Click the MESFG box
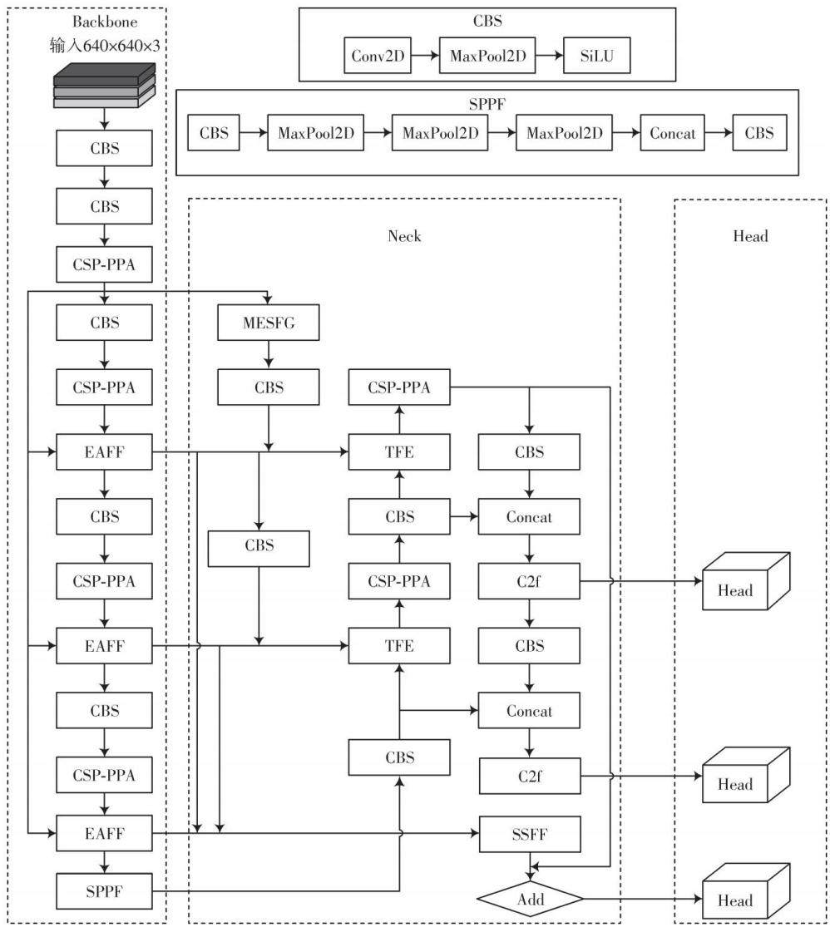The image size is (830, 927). [x=268, y=323]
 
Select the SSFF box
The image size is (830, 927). [x=530, y=834]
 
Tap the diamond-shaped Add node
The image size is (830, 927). [x=530, y=900]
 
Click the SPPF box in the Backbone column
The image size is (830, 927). [x=104, y=891]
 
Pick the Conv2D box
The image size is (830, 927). [x=378, y=56]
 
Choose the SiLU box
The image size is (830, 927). [x=596, y=56]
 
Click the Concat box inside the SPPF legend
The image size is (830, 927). [x=672, y=133]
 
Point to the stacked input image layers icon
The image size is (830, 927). [x=105, y=85]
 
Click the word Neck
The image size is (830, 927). [x=404, y=236]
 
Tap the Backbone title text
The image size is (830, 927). [x=105, y=22]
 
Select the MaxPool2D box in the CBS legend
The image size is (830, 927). [x=487, y=56]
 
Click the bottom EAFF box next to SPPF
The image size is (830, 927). [x=104, y=833]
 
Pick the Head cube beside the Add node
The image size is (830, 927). [x=746, y=892]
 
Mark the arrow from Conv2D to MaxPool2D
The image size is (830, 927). [x=425, y=56]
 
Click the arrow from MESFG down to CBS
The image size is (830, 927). [x=269, y=355]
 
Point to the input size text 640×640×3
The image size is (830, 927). [x=121, y=46]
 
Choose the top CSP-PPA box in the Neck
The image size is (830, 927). [x=399, y=387]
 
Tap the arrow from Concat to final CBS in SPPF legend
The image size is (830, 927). [x=719, y=133]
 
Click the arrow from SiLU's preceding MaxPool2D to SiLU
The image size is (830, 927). [x=550, y=56]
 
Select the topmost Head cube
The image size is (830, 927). [x=746, y=581]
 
